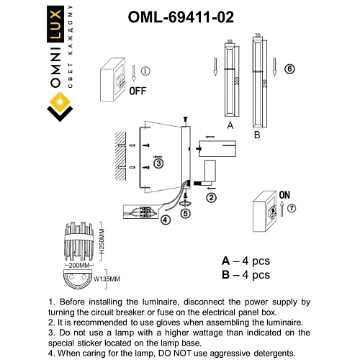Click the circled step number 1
[145, 71]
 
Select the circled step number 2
[211, 197]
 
